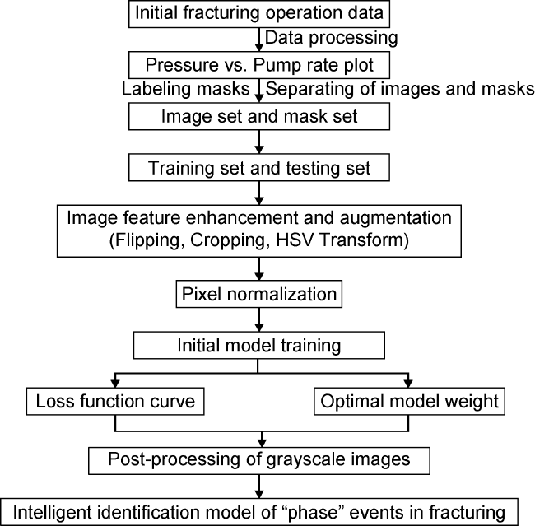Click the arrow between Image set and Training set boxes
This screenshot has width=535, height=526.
tap(261, 142)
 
